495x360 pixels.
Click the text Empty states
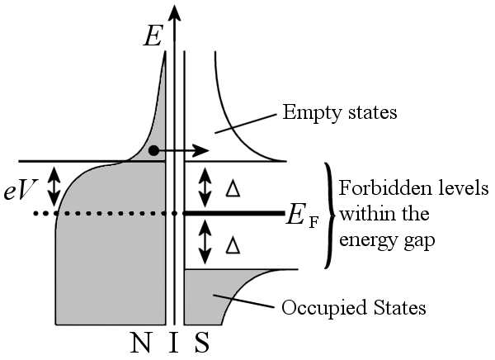click(340, 111)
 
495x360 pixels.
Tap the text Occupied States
click(354, 308)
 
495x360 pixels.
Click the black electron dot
click(153, 151)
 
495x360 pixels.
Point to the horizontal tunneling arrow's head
click(201, 151)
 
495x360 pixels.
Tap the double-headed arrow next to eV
click(54, 187)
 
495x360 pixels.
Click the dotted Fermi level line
click(99, 214)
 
